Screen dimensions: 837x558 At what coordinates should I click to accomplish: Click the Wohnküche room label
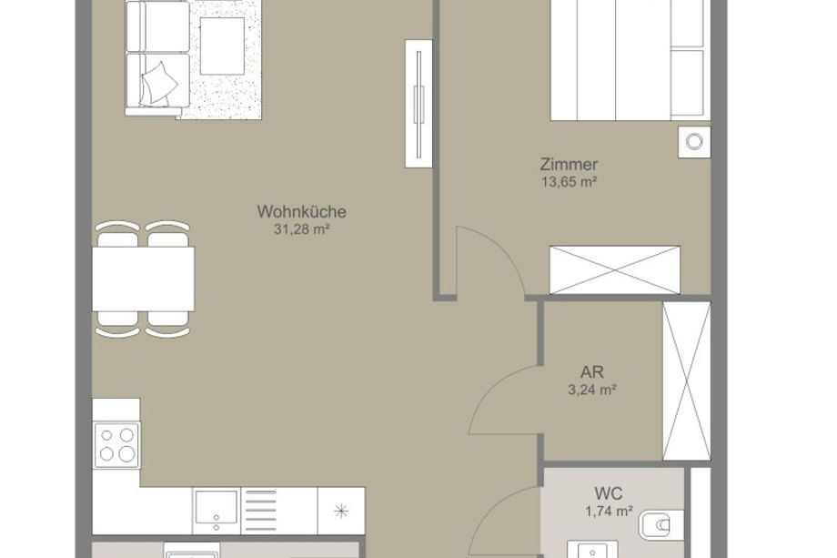click(302, 211)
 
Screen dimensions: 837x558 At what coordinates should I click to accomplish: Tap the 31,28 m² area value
click(301, 229)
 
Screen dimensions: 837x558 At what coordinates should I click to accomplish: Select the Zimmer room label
click(569, 164)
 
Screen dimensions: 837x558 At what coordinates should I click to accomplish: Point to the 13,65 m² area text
click(569, 182)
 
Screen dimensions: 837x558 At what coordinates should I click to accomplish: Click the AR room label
click(592, 371)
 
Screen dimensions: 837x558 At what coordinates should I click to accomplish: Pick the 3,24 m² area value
click(592, 390)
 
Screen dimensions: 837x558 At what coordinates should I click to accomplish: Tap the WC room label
click(609, 492)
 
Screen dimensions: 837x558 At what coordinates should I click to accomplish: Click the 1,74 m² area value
click(609, 512)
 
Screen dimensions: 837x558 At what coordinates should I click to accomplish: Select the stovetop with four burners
click(116, 445)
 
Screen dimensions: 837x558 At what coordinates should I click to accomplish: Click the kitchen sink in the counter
click(217, 511)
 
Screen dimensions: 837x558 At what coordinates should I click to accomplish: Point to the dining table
click(143, 279)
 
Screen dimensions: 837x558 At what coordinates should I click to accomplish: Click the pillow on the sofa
click(158, 84)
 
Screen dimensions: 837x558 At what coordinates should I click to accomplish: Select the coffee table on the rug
click(222, 46)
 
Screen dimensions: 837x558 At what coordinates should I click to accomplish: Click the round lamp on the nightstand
click(694, 142)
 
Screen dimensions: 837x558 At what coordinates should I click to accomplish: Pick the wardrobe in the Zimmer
click(615, 269)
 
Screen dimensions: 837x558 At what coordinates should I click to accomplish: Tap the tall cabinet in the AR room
click(687, 380)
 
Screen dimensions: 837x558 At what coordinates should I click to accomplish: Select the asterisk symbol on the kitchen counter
click(341, 511)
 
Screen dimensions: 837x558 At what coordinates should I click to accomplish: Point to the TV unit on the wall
click(418, 104)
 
